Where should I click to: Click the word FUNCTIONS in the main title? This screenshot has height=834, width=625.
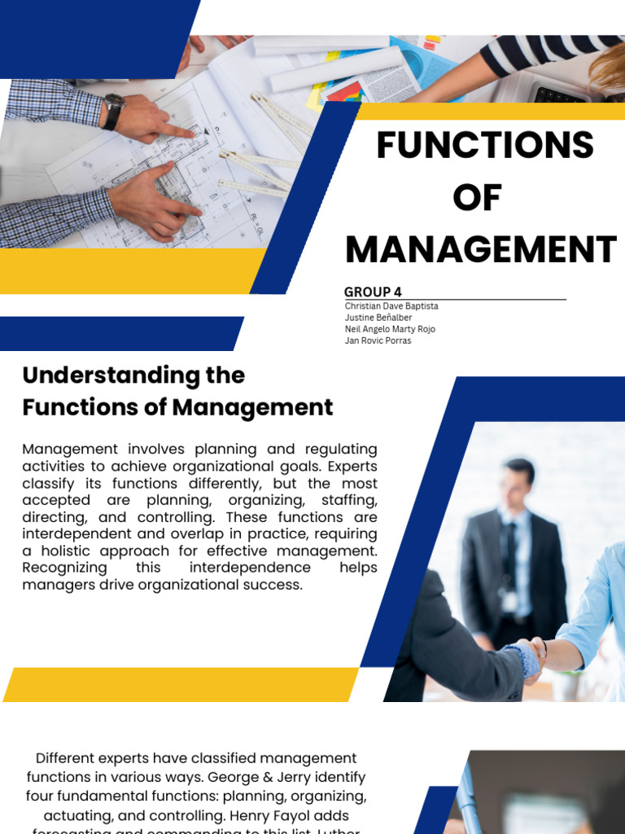484,146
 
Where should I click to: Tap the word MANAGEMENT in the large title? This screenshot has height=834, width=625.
480,249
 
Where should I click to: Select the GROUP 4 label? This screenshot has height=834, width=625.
373,292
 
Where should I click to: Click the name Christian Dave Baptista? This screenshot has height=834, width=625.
391,306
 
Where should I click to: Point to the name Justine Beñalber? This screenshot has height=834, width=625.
378,318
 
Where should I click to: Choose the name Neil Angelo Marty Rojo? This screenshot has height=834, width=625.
390,329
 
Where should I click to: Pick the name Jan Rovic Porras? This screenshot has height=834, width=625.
378,340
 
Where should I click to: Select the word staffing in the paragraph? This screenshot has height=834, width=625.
348,500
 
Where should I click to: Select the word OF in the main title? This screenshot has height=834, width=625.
478,198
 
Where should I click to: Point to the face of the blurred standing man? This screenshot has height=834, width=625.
517,485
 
